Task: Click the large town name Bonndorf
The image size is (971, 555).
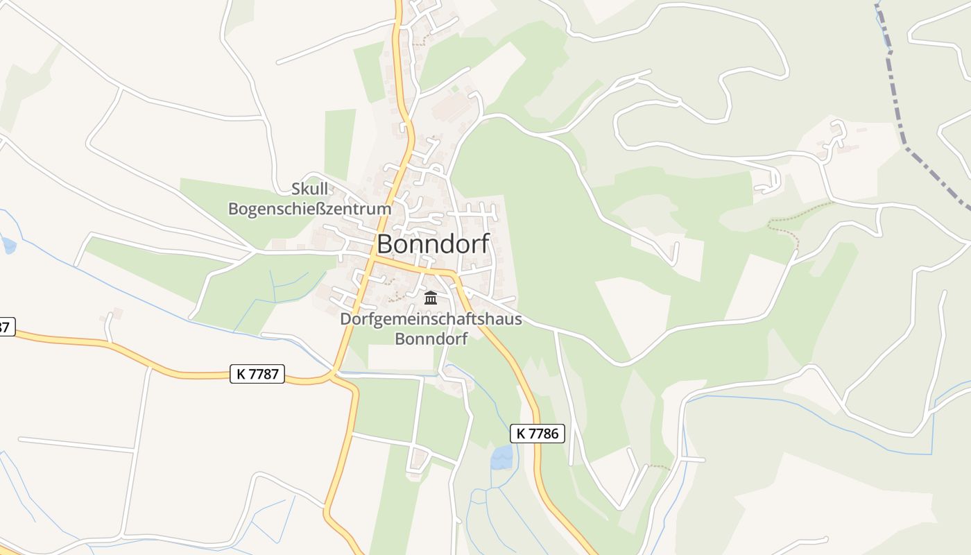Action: coord(433,244)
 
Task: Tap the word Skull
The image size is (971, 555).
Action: coord(309,189)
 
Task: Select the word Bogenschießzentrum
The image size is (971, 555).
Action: coord(309,208)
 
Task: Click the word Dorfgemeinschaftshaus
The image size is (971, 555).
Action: coord(431,319)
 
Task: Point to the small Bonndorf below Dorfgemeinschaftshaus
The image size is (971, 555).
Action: coord(431,339)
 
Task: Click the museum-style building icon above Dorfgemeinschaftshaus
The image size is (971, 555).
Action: coord(431,298)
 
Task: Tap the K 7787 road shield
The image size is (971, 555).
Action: coord(257,374)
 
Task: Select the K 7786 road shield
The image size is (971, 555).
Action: coord(538,434)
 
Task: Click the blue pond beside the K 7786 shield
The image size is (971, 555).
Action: coord(502,456)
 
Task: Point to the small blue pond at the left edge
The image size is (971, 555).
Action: coord(8,245)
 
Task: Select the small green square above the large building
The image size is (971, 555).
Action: coord(455,89)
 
